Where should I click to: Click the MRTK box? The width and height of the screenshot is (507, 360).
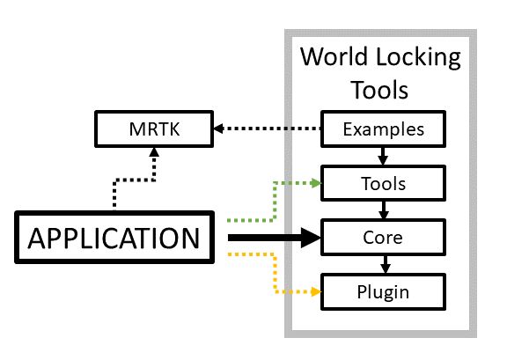click(154, 130)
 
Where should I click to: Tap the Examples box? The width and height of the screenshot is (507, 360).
click(383, 129)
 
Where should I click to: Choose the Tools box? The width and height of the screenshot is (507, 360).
click(383, 184)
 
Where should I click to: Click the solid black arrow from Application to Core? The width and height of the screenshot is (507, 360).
click(264, 238)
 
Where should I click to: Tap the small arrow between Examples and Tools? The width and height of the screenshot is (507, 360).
click(383, 157)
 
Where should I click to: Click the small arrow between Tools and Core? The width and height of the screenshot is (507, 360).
click(383, 211)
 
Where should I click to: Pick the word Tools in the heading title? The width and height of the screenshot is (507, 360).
click(380, 90)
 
